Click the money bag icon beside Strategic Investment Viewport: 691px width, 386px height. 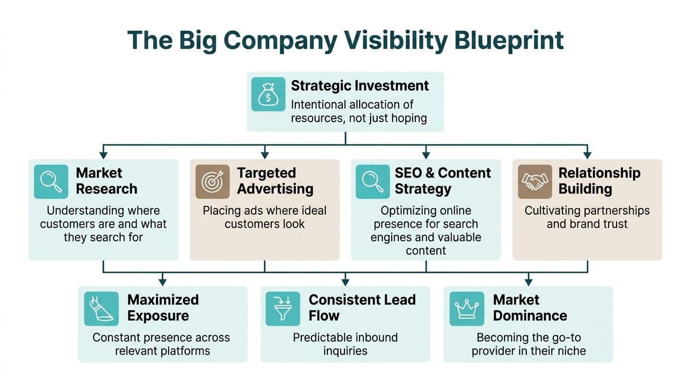coord(268,94)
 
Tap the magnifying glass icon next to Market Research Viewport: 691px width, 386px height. coord(51,181)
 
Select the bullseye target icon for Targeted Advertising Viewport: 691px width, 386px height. coord(212,181)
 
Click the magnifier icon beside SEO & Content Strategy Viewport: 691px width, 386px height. coord(373,181)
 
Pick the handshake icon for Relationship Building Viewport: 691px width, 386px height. coord(535,181)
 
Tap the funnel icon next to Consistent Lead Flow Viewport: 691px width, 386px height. coord(283,309)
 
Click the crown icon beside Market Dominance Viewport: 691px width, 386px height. coord(467,309)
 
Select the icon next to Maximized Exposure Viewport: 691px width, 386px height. coord(101,309)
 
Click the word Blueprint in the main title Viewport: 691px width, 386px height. coord(509,41)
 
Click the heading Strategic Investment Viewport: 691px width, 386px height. coord(360,86)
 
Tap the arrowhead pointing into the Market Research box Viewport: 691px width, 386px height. coord(103,155)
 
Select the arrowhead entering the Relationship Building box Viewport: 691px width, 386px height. coord(588,155)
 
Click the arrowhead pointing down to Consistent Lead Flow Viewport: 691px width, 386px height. coord(345,282)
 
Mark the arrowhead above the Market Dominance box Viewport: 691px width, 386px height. coord(528,282)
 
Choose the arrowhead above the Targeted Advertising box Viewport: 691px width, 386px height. coord(265,155)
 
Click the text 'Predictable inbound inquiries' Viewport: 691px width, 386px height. coord(345,344)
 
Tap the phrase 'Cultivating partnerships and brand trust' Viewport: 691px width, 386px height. coord(587,217)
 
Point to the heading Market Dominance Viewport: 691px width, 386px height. coord(530,308)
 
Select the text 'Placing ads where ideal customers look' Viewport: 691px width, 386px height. coord(264,217)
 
